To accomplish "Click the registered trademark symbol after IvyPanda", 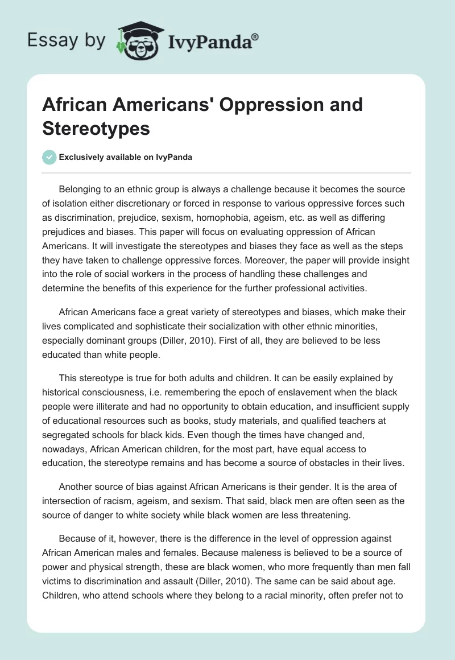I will [255, 37].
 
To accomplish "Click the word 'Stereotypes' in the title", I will [96, 129].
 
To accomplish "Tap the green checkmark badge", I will [49, 157].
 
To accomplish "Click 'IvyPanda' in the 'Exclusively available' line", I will [173, 158].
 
